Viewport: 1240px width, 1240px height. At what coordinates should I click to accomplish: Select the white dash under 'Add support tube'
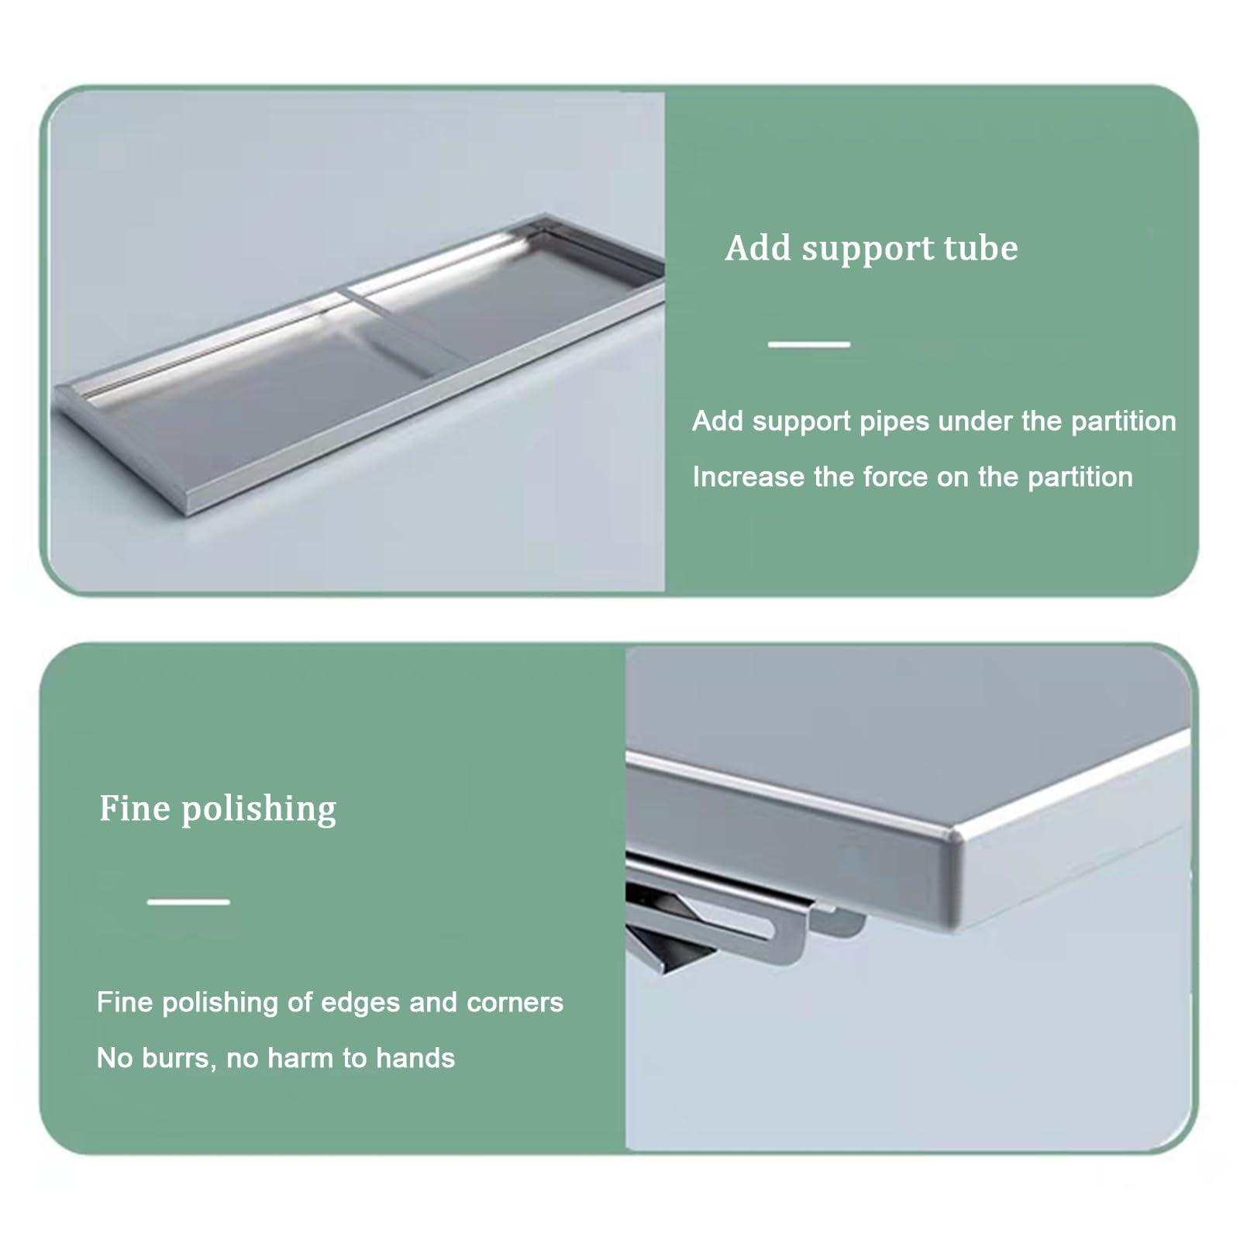point(808,343)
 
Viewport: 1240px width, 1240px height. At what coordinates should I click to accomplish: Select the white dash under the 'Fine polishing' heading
point(188,901)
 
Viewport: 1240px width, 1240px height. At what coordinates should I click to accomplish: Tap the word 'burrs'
point(177,1058)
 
